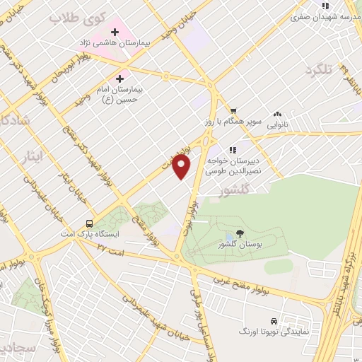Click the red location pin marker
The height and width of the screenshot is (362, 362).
click(182, 167)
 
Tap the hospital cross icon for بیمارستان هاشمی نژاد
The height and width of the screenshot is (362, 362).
click(115, 32)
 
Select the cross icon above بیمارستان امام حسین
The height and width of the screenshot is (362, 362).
click(119, 78)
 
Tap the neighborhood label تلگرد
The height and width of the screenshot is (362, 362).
click(319, 71)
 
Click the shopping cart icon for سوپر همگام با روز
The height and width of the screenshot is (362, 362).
click(233, 110)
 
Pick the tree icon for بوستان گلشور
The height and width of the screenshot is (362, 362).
click(240, 233)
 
